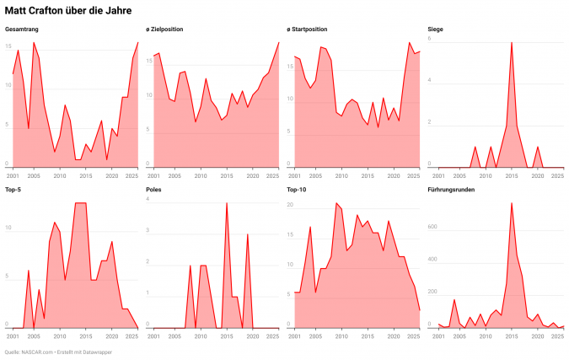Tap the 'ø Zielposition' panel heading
click(x=164, y=30)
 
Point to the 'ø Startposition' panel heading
click(x=309, y=30)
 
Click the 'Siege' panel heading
click(x=436, y=30)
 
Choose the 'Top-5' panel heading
click(x=14, y=190)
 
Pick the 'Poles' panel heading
click(x=154, y=190)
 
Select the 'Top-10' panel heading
click(x=298, y=190)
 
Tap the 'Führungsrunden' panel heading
click(x=452, y=190)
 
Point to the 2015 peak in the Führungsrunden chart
click(x=511, y=203)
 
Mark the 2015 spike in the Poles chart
click(x=226, y=203)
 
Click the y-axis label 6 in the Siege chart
click(x=430, y=40)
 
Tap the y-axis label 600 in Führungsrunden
click(x=432, y=228)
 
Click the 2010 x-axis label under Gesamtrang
click(x=60, y=175)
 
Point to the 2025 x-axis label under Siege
click(x=557, y=175)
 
